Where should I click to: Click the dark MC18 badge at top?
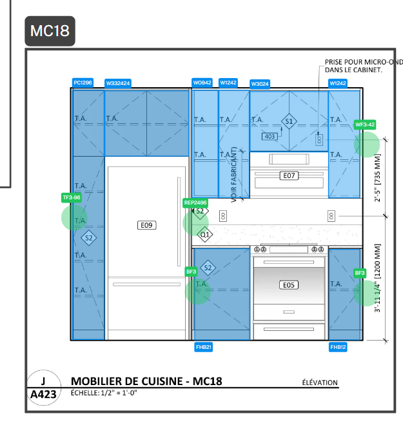click(x=50, y=31)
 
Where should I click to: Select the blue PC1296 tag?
click(x=83, y=83)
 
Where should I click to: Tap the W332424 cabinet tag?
click(x=118, y=83)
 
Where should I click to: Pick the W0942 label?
click(x=202, y=83)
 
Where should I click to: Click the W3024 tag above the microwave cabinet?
click(x=260, y=84)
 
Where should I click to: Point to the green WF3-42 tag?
click(x=365, y=124)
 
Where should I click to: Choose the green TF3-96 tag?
click(x=72, y=197)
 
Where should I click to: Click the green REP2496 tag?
click(x=195, y=203)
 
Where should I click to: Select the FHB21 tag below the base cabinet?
click(x=203, y=347)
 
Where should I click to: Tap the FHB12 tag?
click(x=338, y=347)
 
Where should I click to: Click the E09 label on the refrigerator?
click(x=146, y=225)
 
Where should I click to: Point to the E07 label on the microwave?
click(x=289, y=175)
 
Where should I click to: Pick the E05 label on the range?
click(x=289, y=285)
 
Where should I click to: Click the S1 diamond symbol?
click(x=289, y=121)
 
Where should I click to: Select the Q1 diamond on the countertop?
click(x=205, y=235)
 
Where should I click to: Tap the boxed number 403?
click(x=270, y=137)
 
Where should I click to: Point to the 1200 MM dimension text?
click(x=377, y=261)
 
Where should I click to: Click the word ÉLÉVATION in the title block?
click(x=320, y=382)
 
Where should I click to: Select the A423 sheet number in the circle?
click(x=43, y=394)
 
